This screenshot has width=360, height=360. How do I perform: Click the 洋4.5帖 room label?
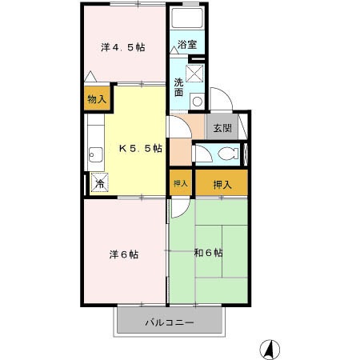122,48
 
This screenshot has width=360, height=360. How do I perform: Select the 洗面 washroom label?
179,86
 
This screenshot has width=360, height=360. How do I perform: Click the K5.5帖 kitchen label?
141,149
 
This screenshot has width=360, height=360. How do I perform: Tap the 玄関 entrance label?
221,127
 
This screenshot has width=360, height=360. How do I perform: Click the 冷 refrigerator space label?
99,183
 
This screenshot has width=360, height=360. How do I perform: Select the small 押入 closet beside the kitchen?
181,184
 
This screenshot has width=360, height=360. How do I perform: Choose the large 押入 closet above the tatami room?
222,184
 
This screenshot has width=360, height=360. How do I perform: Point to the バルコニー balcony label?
168,323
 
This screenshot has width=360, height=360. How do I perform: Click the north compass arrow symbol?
270,349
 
